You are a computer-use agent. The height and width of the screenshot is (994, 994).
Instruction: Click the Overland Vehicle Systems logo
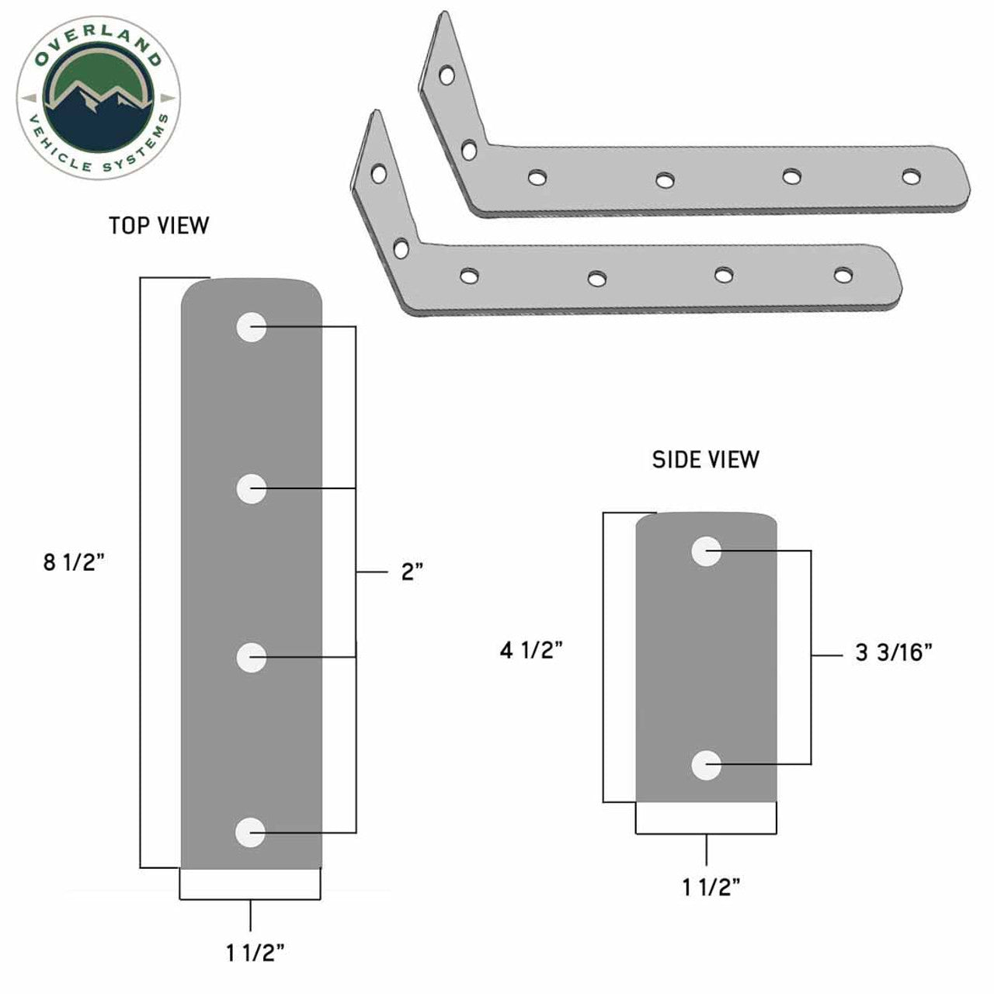point(98,98)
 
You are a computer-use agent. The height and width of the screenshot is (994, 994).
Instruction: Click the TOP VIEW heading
point(158,225)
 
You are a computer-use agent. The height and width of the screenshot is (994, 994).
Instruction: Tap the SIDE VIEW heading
point(705,460)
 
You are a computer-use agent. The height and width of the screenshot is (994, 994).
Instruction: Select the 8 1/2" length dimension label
point(74,562)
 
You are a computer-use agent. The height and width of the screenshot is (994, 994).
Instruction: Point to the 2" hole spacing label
point(412,573)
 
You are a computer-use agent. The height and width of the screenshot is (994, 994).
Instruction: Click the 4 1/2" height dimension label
point(531,650)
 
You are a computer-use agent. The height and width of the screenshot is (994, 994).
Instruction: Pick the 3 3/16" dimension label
point(893,653)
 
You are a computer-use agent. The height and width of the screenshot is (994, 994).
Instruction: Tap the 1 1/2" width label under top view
point(255,954)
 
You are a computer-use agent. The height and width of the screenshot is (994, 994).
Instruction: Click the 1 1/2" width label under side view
point(711,887)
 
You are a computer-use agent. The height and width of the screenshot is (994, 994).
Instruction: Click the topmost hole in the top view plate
point(252,328)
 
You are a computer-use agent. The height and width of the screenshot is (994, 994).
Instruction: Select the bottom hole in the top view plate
point(250,832)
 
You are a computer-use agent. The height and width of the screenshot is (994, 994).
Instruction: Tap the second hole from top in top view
point(252,489)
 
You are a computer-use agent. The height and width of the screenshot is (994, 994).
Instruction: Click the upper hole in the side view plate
point(707,551)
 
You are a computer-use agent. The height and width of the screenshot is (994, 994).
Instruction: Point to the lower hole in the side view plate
point(706,766)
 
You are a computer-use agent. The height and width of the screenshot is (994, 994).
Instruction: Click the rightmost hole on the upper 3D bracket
point(910,176)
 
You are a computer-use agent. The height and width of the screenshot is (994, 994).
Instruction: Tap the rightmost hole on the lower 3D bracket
point(842,274)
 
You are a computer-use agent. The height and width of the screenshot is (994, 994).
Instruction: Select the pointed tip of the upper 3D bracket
point(445,16)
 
